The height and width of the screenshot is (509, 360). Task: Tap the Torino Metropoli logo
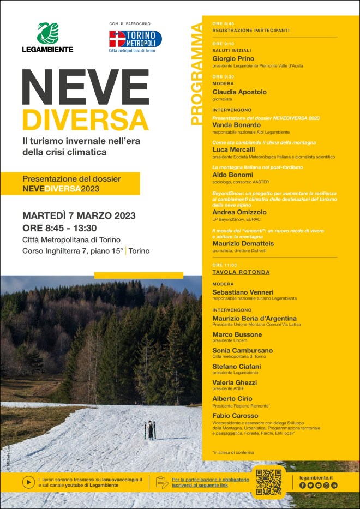135,39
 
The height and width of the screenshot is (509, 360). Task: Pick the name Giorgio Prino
233,58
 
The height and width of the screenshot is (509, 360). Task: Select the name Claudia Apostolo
239,92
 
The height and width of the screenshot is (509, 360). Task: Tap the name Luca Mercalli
233,149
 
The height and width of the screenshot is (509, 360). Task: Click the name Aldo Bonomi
232,175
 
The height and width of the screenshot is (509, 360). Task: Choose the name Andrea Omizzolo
239,212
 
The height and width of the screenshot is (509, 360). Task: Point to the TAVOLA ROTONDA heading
241,272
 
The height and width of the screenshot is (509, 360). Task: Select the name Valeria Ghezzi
235,383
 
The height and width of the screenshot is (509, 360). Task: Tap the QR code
268,481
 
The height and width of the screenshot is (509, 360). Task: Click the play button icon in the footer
28,482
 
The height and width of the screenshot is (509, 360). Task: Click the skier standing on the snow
150,429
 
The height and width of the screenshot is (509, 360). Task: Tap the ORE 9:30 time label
223,77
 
